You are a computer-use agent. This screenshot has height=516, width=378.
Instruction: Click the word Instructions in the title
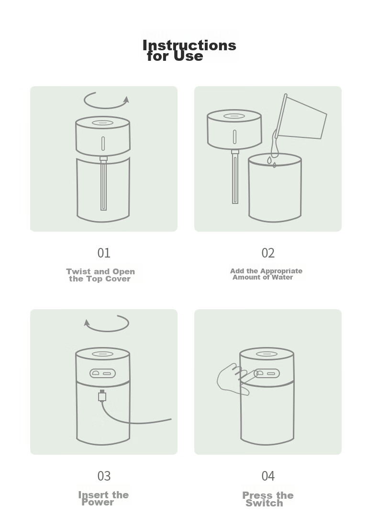pos(189,45)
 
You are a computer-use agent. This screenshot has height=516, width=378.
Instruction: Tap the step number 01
pos(104,253)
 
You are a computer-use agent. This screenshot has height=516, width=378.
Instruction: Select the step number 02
pos(268,253)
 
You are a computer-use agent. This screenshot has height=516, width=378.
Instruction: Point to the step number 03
pos(104,476)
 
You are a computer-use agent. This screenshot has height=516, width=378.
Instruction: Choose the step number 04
pos(268,476)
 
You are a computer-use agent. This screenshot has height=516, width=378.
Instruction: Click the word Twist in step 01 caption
pos(78,271)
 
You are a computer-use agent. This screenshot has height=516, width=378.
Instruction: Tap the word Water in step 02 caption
pos(282,277)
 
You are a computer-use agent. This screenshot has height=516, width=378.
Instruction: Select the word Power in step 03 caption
pos(98,502)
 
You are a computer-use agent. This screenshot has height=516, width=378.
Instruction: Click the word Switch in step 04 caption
pos(264,503)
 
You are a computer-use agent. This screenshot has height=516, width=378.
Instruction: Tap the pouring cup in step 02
pos(301,117)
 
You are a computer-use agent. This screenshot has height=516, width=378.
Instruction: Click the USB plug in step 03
pos(102,395)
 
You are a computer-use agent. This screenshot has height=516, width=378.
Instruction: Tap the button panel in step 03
pos(103,373)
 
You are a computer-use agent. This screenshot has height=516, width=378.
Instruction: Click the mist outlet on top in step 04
pos(267,354)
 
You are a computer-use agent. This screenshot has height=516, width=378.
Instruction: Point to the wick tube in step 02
pos(235,177)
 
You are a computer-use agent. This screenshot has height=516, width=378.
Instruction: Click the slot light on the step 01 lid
pos(103,144)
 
